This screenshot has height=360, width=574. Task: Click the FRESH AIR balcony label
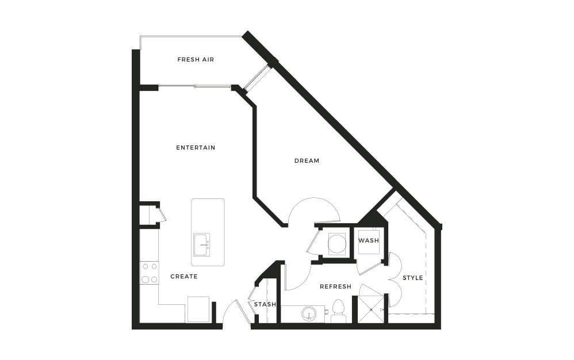[196, 59]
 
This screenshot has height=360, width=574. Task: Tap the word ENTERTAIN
[196, 148]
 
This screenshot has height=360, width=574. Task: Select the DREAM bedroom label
[307, 161]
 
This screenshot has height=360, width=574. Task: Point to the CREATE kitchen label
[184, 277]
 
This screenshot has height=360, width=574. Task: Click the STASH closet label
[265, 304]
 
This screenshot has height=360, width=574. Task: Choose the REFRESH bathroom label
[335, 286]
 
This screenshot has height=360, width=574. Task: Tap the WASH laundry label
[369, 240]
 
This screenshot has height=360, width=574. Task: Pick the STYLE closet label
[412, 278]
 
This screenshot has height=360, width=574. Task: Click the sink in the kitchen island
[201, 245]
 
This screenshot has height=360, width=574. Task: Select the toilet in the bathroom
[338, 312]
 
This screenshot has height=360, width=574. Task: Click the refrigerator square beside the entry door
[197, 309]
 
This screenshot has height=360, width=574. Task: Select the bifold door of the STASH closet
[252, 299]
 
